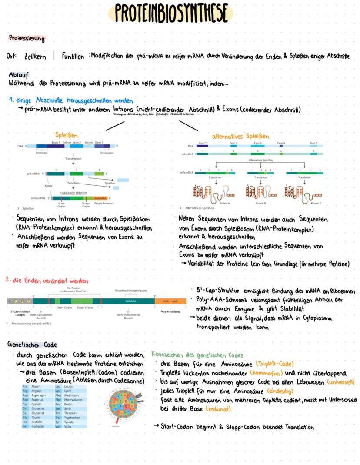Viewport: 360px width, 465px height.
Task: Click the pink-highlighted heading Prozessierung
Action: (27, 38)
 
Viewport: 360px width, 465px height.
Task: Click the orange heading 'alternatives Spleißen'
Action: (240, 136)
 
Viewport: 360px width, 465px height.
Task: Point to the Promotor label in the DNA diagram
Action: (42, 153)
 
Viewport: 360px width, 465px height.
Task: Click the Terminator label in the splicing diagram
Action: (107, 153)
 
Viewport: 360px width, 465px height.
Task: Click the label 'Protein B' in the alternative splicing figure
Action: (261, 203)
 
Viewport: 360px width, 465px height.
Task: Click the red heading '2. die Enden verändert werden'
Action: (47, 281)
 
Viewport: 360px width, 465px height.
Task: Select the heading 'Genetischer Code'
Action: (32, 345)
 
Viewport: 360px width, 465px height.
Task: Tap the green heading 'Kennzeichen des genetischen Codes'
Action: (197, 355)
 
